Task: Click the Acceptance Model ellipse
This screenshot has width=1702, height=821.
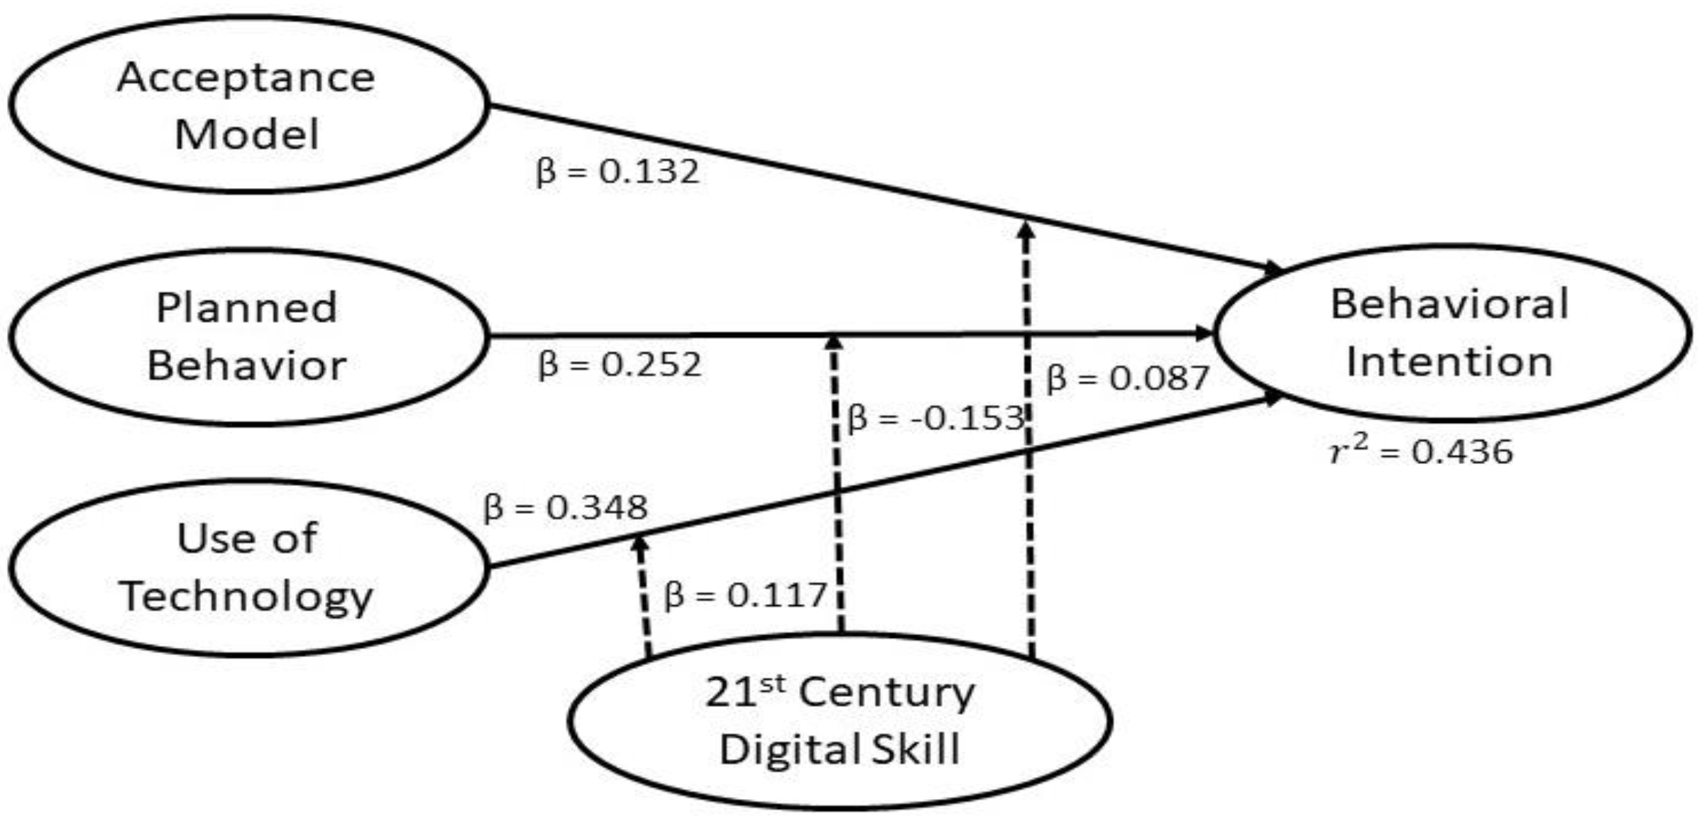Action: click(248, 104)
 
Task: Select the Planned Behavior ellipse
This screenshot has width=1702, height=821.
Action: click(248, 336)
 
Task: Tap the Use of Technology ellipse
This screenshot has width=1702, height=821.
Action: click(248, 568)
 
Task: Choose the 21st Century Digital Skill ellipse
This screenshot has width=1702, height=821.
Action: click(840, 721)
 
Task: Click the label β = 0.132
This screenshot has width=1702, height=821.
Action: click(617, 172)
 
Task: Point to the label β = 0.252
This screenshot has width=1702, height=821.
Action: click(620, 365)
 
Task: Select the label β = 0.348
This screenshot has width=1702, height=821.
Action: click(566, 508)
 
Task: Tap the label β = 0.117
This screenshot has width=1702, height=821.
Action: click(745, 595)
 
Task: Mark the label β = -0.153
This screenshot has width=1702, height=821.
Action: click(935, 419)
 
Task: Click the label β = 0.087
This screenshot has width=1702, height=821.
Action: click(1127, 378)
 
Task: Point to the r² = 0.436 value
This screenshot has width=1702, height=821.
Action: click(1421, 451)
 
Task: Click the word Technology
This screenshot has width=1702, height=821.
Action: click(246, 596)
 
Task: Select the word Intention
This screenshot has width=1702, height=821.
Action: click(1449, 362)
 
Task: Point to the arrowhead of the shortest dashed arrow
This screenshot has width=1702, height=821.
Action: click(640, 544)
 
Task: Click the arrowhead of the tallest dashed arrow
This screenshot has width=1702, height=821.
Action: click(1025, 231)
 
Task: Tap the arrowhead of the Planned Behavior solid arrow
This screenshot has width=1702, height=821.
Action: click(1204, 333)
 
